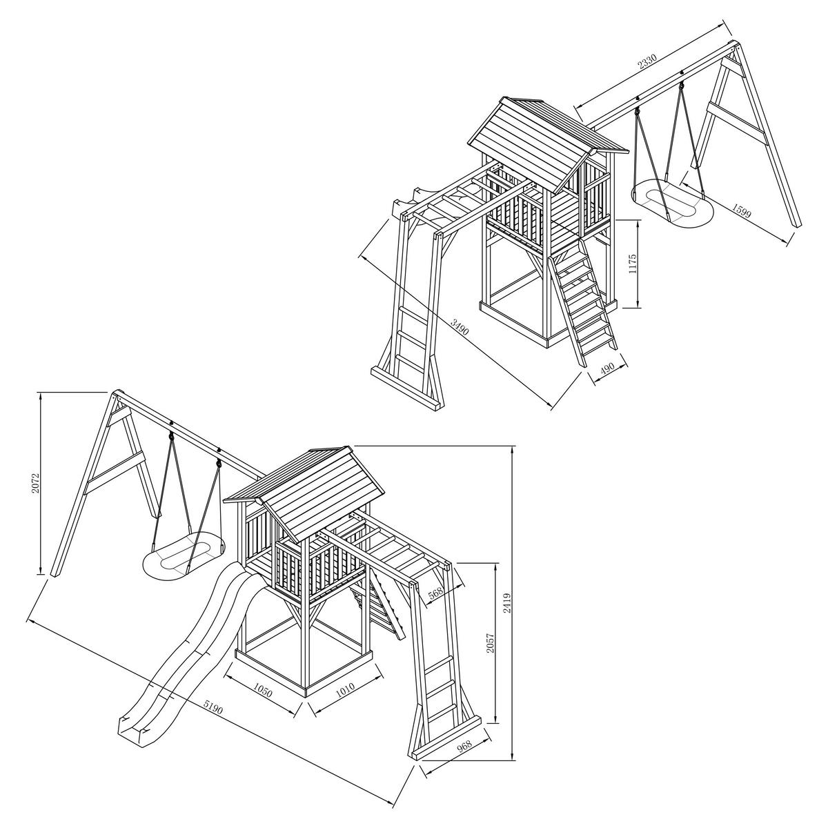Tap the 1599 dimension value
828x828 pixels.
click(742, 209)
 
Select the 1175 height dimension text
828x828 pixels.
click(632, 264)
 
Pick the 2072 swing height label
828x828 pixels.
click(36, 484)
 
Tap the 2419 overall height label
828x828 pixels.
click(509, 603)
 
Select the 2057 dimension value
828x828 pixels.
click(491, 643)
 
